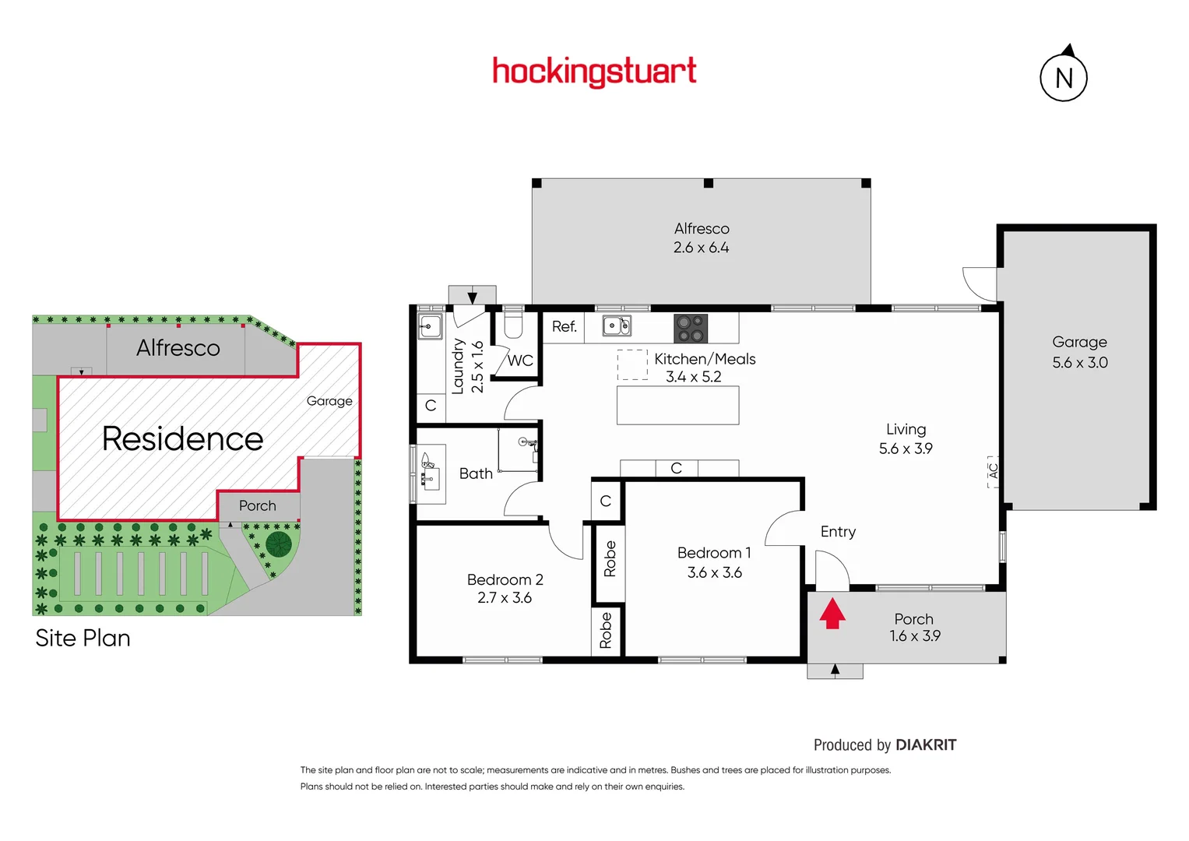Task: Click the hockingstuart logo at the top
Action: [594, 72]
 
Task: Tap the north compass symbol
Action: [1064, 77]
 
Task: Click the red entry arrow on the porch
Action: [832, 613]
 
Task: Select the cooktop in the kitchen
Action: [691, 328]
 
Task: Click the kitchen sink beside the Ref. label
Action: [617, 325]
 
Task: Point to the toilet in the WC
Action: [513, 323]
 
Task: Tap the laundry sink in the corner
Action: [430, 326]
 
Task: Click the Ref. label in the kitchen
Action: [564, 326]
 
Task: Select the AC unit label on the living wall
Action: [993, 471]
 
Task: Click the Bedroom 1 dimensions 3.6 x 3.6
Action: [714, 572]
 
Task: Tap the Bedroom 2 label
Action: [505, 579]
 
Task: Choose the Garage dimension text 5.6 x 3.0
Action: [1079, 362]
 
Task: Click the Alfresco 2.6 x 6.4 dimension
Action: [701, 248]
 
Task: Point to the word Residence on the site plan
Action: [182, 438]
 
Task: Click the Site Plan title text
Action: [83, 638]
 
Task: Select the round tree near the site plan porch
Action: [278, 544]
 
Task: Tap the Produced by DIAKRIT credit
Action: [885, 744]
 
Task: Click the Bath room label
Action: [476, 473]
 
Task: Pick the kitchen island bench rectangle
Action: [677, 405]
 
